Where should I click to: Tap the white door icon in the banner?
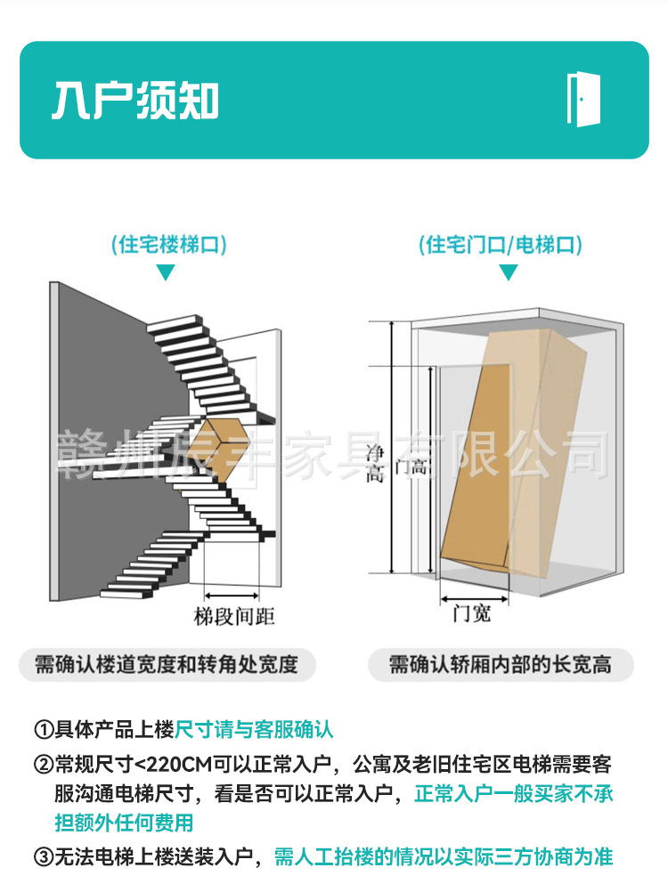pos(583,99)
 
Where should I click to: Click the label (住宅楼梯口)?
pos(167,245)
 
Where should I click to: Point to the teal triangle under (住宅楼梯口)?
pos(166,272)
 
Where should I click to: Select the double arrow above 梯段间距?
pos(232,594)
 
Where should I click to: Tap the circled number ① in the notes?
pos(44,730)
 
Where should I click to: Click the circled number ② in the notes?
pos(44,764)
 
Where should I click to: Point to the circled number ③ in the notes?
pos(44,857)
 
